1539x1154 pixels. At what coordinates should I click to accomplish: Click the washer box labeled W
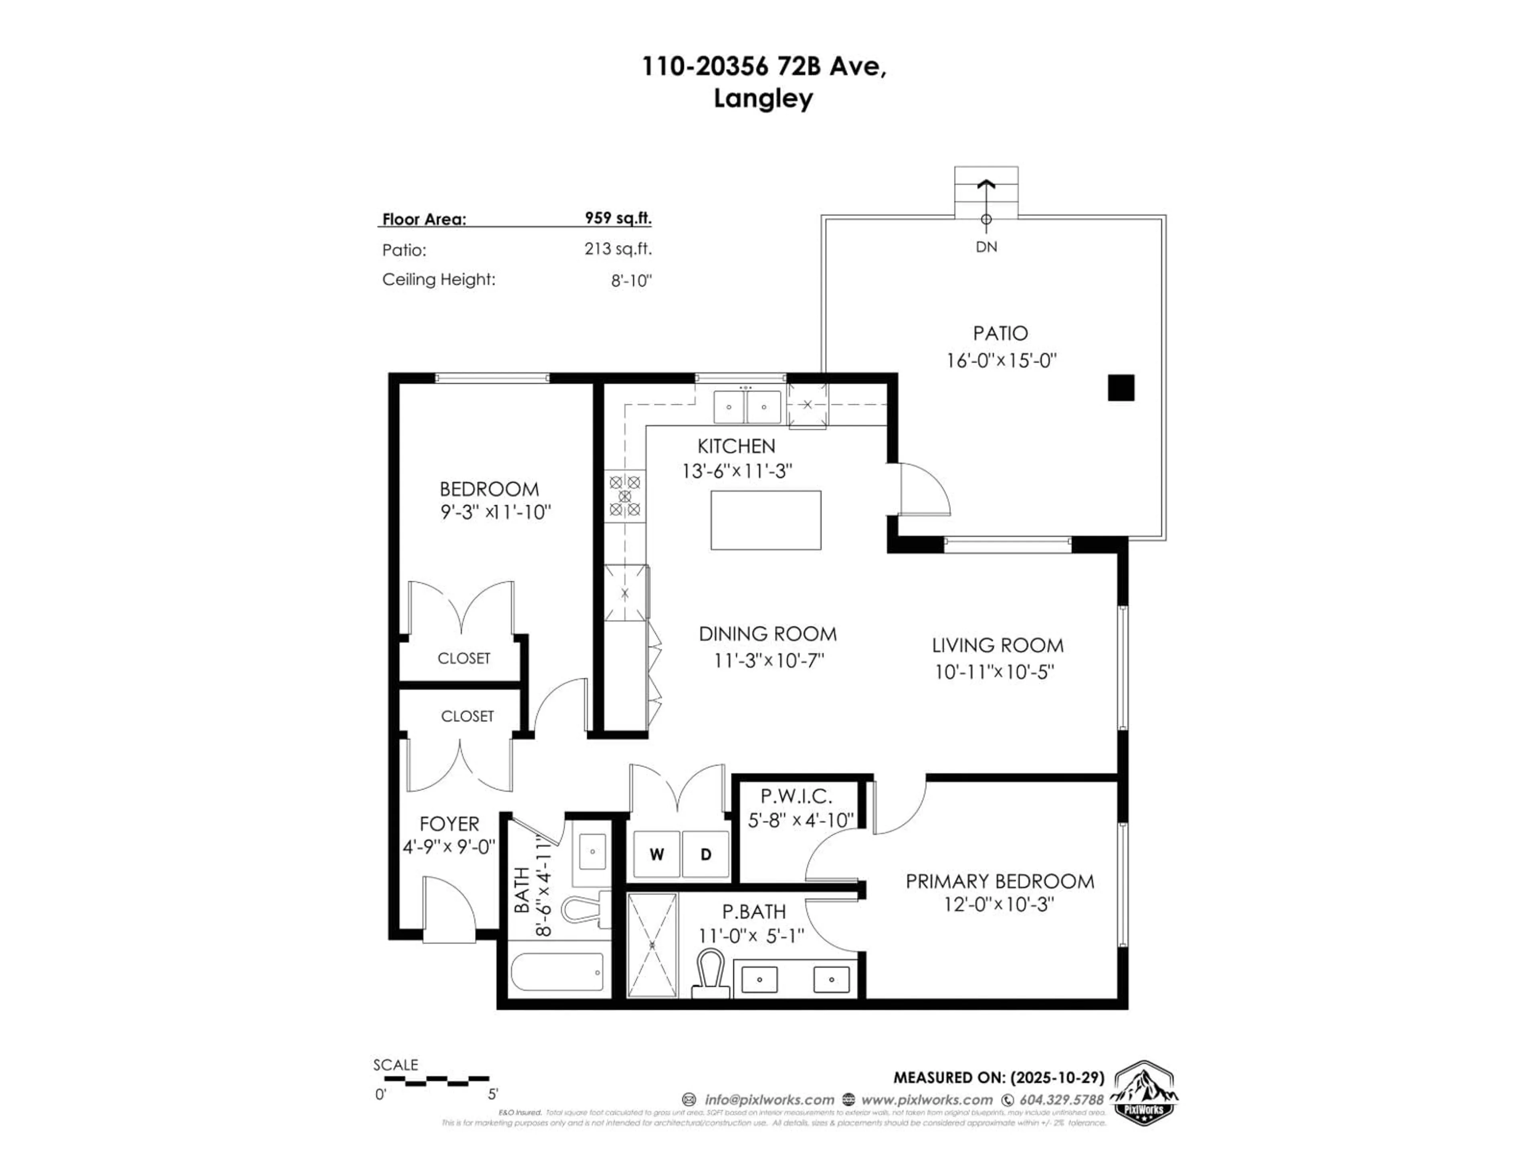click(x=656, y=854)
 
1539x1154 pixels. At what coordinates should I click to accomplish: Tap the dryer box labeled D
click(x=705, y=854)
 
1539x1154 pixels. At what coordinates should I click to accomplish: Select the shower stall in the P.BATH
click(x=652, y=944)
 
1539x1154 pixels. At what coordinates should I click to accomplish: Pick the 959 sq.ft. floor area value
click(x=618, y=218)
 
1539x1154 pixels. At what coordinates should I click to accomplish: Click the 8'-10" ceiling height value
click(x=631, y=281)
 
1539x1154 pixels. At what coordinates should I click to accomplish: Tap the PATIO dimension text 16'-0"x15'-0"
click(x=1001, y=360)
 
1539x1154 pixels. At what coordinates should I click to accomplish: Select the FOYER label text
click(x=449, y=823)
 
